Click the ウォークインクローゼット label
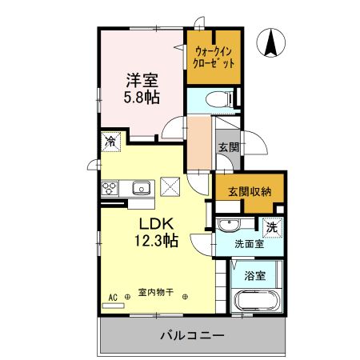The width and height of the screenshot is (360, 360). [213, 58]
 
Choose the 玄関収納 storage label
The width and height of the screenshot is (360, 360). [250, 191]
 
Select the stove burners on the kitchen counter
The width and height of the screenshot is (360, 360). [110, 189]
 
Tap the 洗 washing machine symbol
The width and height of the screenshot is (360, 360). [271, 226]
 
